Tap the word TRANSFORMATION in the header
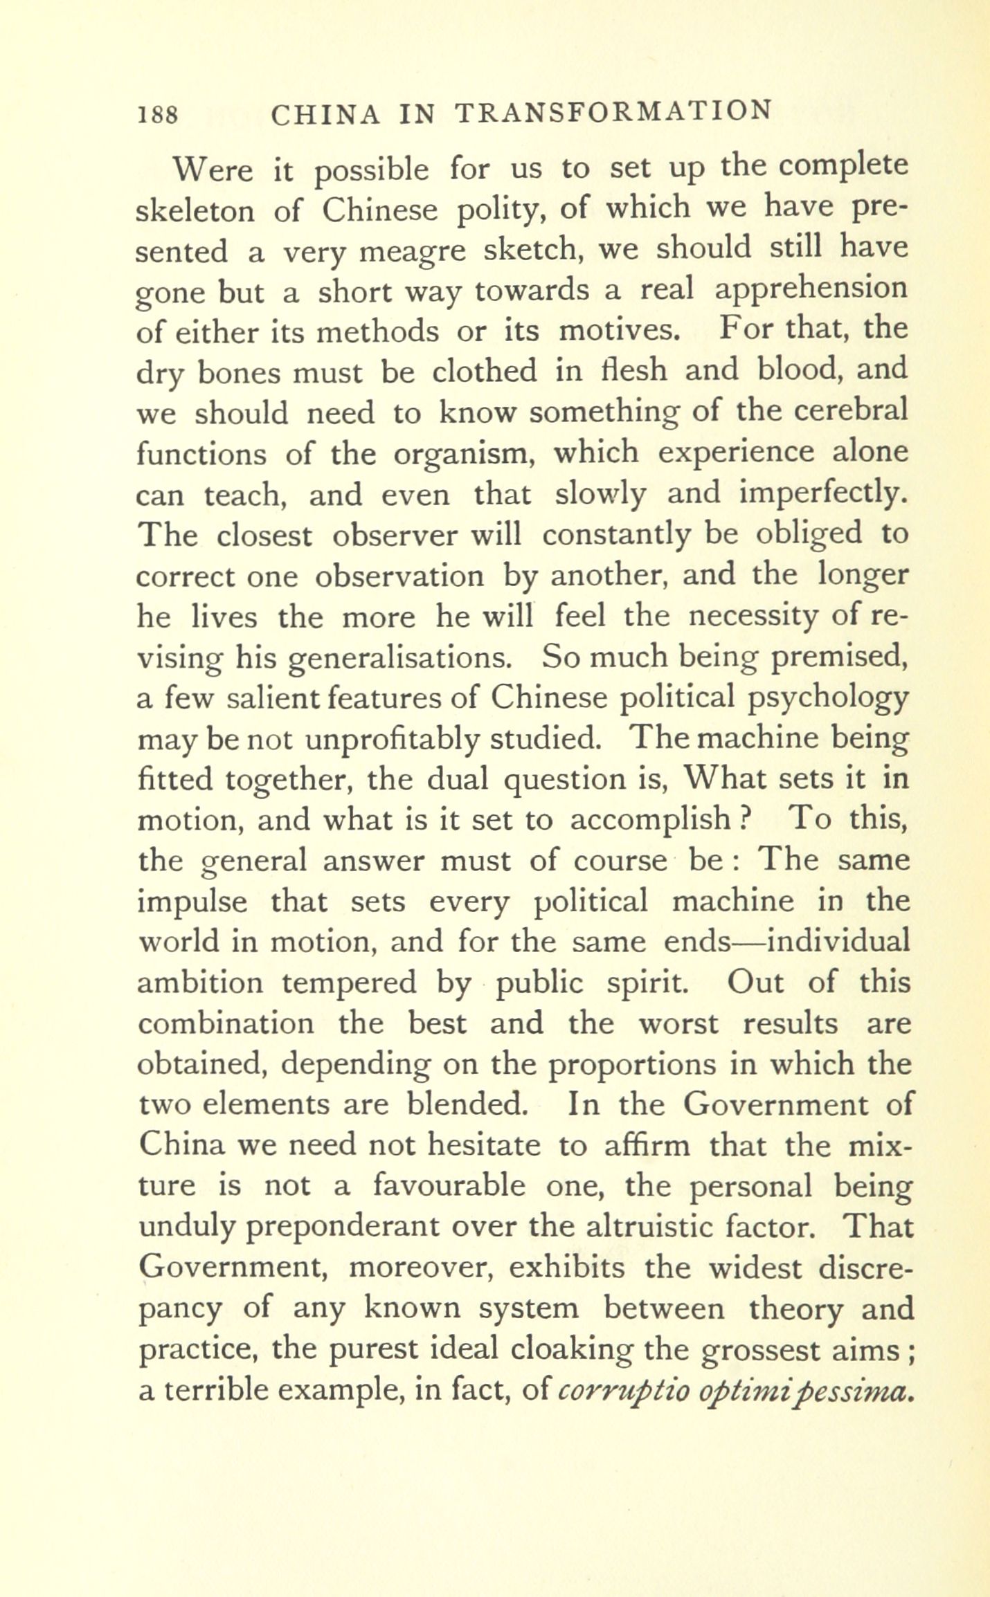tap(613, 111)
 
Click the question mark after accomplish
tap(746, 819)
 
